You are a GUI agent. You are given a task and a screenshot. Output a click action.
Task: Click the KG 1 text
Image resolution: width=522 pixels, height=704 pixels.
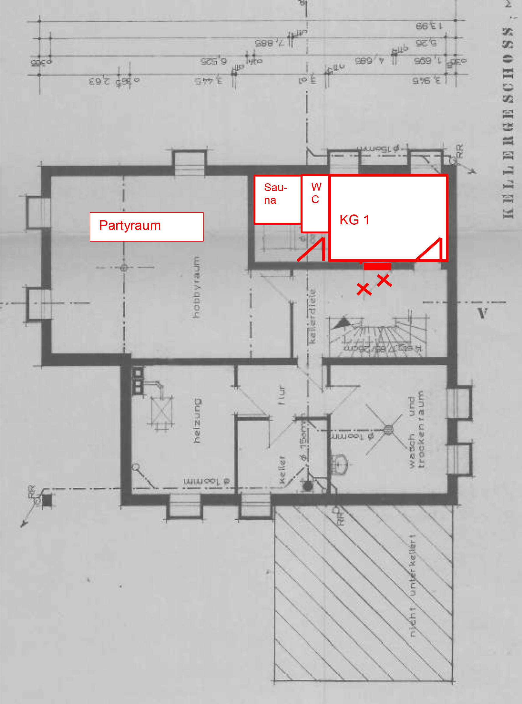pyautogui.click(x=354, y=220)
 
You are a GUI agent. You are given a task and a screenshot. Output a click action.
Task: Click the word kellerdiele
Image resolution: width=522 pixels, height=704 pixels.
pyautogui.click(x=312, y=316)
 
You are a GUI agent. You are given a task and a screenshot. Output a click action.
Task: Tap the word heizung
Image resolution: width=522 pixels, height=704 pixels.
pyautogui.click(x=197, y=420)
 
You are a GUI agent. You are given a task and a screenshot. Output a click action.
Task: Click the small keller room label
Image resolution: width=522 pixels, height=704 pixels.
pyautogui.click(x=282, y=469)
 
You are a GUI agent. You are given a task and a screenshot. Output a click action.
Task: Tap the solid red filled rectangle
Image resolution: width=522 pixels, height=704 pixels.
pyautogui.click(x=377, y=266)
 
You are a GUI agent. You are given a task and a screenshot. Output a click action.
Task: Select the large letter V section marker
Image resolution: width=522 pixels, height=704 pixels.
pyautogui.click(x=482, y=313)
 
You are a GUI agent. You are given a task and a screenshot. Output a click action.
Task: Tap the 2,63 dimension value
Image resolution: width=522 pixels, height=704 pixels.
pyautogui.click(x=99, y=81)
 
